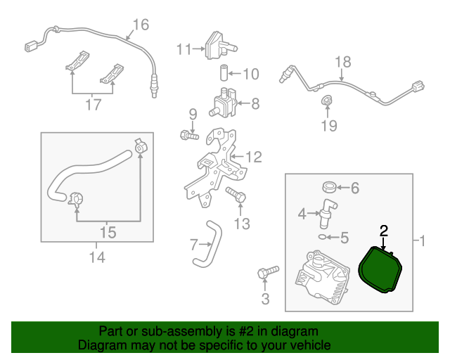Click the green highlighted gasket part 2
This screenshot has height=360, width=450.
pyautogui.click(x=380, y=271)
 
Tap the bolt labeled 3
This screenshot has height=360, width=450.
pyautogui.click(x=268, y=271)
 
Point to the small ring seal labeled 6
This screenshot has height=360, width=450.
pyautogui.click(x=328, y=188)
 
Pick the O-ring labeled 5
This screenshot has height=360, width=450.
pyautogui.click(x=322, y=238)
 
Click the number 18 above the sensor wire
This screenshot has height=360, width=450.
pyautogui.click(x=342, y=62)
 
